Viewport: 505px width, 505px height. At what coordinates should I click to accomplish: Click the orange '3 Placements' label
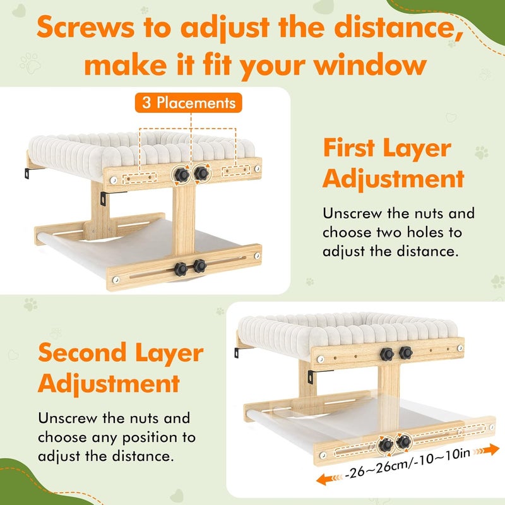[x=188, y=103]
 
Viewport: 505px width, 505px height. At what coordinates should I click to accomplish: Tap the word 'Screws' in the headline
[x=85, y=27]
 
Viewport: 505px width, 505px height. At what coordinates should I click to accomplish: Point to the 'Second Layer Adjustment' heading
[x=121, y=368]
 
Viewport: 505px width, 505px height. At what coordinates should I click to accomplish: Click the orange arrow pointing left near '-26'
[x=329, y=479]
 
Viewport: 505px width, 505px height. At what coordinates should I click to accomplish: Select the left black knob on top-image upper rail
[x=182, y=175]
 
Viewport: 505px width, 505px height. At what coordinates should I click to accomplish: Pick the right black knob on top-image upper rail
[x=201, y=173]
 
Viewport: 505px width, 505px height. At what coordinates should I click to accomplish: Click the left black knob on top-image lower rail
[x=181, y=269]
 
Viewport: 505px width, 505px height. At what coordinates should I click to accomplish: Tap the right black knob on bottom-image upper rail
[x=405, y=353]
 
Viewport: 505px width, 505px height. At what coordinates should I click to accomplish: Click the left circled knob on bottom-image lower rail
[x=386, y=445]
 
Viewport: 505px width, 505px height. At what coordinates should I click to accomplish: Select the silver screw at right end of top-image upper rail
[x=258, y=169]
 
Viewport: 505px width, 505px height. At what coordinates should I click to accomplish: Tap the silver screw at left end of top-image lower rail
[x=116, y=280]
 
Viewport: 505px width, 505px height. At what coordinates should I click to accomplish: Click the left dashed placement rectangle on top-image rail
[x=140, y=178]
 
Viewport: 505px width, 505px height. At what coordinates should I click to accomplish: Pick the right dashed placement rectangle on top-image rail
[x=236, y=170]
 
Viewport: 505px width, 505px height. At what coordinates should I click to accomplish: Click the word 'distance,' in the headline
[x=399, y=27]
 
